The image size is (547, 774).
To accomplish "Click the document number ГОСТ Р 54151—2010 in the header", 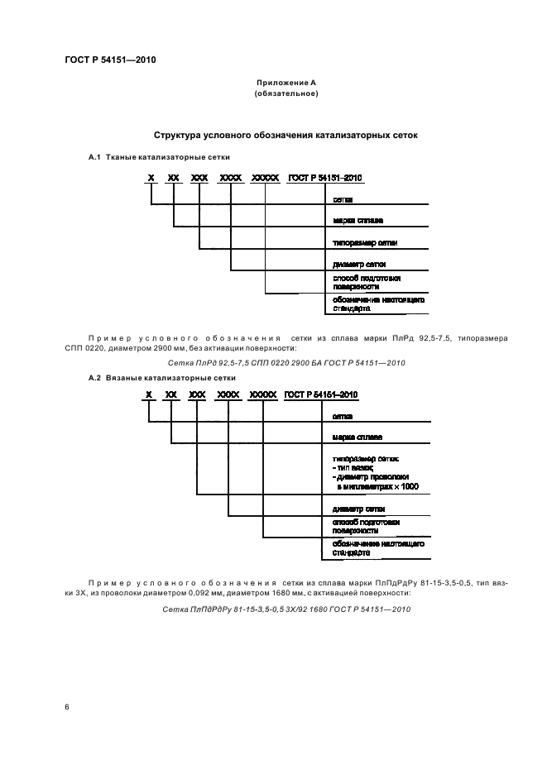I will point(109,60).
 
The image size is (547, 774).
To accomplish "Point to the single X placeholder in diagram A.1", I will point(151,178).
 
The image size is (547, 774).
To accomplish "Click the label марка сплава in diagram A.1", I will point(357,221).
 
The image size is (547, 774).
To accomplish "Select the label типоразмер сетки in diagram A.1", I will point(365,243).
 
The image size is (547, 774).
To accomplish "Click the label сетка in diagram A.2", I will point(343,417).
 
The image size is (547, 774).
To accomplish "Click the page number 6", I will point(67,707).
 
